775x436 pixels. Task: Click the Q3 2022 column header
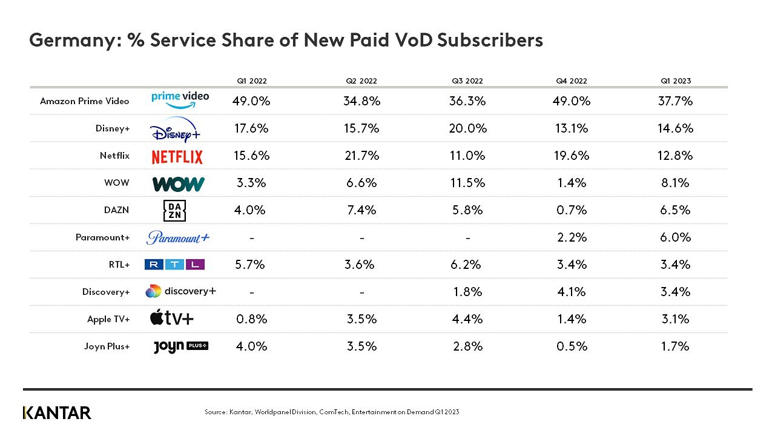pos(467,81)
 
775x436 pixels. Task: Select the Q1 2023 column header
pos(675,81)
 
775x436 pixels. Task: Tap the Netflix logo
pos(177,157)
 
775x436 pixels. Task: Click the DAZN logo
pos(174,210)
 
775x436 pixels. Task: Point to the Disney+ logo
pos(175,130)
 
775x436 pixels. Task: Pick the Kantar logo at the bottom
pos(57,413)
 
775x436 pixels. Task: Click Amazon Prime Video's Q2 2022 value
pos(361,101)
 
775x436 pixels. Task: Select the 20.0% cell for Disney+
pos(468,128)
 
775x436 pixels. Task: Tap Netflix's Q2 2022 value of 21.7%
pos(361,156)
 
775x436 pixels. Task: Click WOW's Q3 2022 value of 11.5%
pos(467,183)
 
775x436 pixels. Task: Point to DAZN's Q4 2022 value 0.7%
pos(572,210)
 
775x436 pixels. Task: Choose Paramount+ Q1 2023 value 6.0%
pos(675,237)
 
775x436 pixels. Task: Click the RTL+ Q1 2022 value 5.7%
pos(250,265)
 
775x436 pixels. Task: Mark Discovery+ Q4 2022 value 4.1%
pos(572,292)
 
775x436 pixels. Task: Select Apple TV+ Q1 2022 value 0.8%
pos(251,319)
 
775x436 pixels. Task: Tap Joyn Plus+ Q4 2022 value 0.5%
pos(572,346)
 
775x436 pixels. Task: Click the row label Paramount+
pos(103,237)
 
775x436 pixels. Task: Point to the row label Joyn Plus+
pos(107,346)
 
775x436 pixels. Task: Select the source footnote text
pos(332,412)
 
